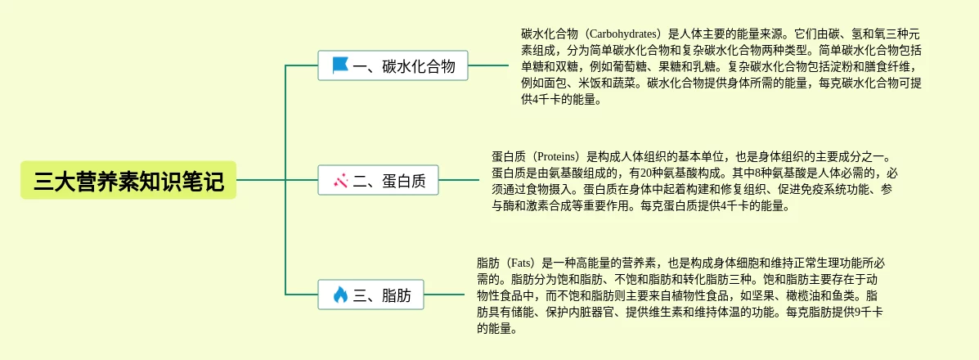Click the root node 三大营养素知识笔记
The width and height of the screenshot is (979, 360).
pos(128,181)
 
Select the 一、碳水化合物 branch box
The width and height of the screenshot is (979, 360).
pos(393,65)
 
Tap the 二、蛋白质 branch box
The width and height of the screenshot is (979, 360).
pos(378,181)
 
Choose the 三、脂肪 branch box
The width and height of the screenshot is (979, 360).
pos(371,295)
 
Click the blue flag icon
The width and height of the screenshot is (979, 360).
pos(340,65)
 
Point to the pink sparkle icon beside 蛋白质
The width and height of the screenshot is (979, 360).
pos(340,181)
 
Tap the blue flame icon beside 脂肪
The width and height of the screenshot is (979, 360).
pos(340,295)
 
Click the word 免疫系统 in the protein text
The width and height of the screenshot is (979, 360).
pos(805,189)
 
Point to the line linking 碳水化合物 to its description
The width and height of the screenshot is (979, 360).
pos(488,65)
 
